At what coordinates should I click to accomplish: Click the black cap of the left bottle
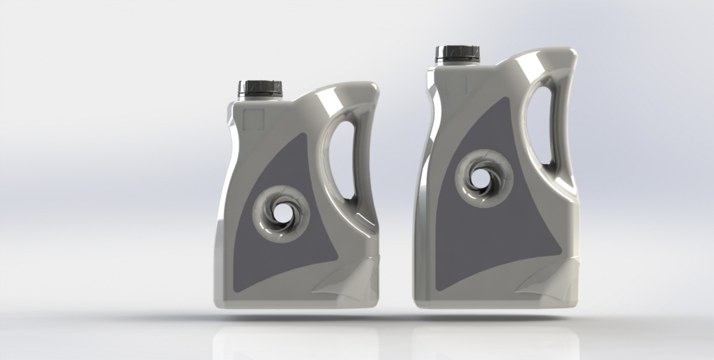259,88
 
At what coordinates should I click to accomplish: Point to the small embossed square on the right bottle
455,82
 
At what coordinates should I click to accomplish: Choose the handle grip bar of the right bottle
565,126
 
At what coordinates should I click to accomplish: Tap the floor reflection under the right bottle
495,338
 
